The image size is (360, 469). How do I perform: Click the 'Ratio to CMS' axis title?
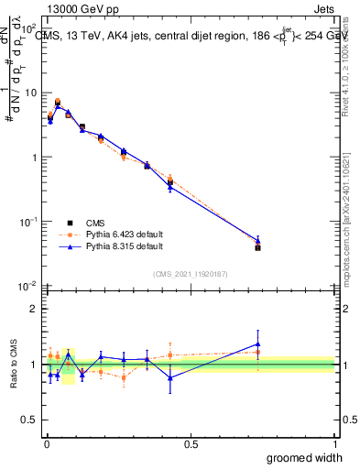(x=14, y=364)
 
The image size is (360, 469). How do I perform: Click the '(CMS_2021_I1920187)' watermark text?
(x=190, y=273)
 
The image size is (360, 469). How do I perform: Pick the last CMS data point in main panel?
(x=257, y=247)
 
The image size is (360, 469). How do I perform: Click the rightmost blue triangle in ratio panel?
(x=257, y=344)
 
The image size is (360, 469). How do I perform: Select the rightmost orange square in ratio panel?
(x=257, y=352)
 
